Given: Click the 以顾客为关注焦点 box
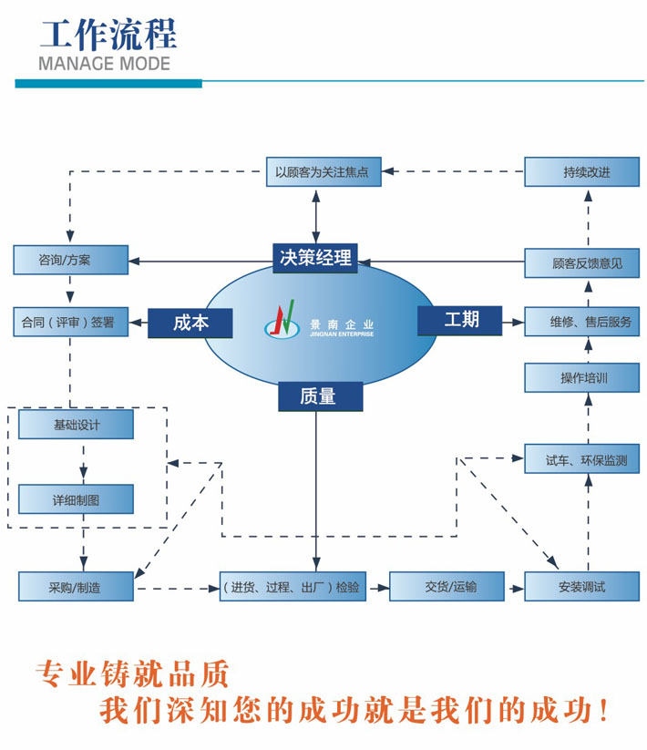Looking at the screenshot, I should [323, 171].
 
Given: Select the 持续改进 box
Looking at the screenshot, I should [581, 171].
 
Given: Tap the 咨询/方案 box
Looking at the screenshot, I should [70, 260].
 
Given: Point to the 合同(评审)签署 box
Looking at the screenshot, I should [70, 322].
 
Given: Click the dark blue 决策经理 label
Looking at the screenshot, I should [315, 257].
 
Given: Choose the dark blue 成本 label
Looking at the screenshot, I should [190, 323].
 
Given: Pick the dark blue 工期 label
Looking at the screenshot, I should [460, 320].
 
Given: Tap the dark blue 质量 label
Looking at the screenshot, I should [318, 396].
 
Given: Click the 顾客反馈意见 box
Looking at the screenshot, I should [581, 262].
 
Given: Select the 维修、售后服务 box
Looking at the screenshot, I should [581, 322].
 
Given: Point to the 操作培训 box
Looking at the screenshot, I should [581, 377].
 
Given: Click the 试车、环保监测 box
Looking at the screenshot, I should [581, 458].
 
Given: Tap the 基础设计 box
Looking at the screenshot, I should [76, 425].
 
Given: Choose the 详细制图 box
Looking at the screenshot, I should [76, 499].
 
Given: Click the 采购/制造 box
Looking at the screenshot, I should [76, 587].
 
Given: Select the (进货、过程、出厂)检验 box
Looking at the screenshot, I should [292, 587].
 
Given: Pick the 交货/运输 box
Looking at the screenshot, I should [447, 586].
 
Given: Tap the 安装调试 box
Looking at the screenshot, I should [581, 586].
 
